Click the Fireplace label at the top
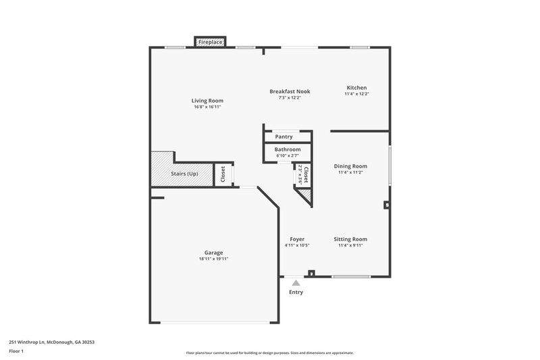(x=210, y=43)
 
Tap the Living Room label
(x=207, y=101)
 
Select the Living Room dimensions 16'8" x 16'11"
(x=207, y=107)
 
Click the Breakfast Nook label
(x=290, y=91)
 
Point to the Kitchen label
(x=356, y=88)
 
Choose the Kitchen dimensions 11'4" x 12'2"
(x=356, y=94)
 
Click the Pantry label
(x=283, y=136)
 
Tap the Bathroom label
(x=288, y=149)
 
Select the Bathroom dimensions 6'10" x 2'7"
(x=288, y=156)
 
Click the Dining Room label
(x=350, y=166)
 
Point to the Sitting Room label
(x=350, y=239)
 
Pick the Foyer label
(x=297, y=239)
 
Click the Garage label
(x=213, y=253)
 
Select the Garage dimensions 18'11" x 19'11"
(x=213, y=259)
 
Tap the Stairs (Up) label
(x=184, y=174)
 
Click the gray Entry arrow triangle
(x=296, y=284)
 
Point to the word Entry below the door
(x=296, y=292)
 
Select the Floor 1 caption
(x=16, y=351)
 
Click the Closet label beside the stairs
(x=223, y=174)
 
